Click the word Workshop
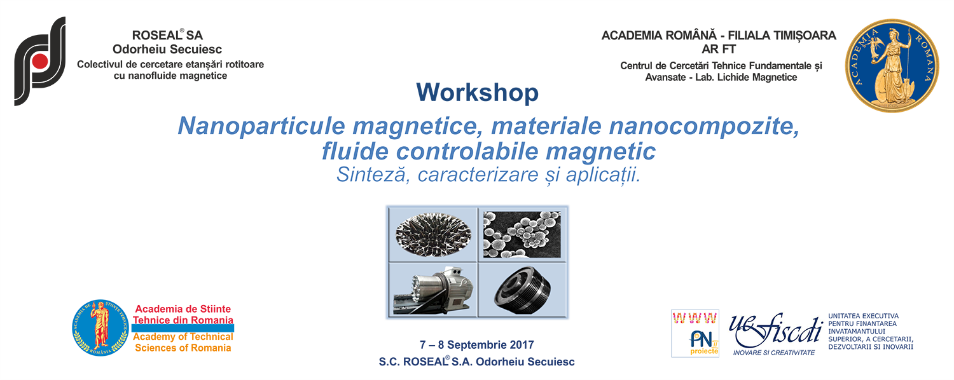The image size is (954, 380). (477, 92)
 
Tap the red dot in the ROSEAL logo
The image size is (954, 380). (39, 61)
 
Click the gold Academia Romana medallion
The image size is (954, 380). (892, 65)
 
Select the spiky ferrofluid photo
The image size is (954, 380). (433, 234)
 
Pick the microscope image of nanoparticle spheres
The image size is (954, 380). (522, 234)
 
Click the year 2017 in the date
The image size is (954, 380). (522, 344)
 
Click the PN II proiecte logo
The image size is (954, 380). (695, 333)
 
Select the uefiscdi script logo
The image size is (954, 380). (775, 330)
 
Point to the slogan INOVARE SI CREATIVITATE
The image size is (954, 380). (774, 353)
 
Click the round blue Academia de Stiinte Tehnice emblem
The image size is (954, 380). (100, 328)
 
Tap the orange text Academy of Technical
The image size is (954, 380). (183, 337)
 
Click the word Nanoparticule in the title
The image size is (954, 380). (261, 126)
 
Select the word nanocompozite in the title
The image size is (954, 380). (704, 126)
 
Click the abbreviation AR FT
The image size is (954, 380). (719, 50)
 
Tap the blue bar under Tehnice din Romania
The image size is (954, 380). (183, 328)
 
